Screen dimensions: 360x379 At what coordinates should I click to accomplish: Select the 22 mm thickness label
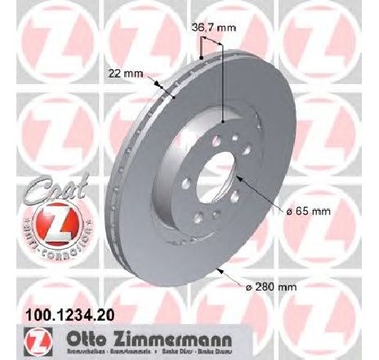coord(123,73)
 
